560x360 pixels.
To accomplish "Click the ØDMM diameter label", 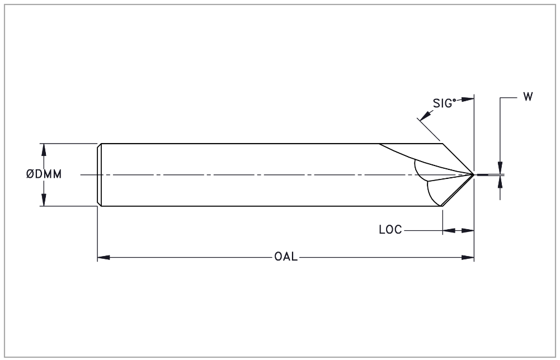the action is pos(44,174).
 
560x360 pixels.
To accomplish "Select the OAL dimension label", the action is pos(286,257).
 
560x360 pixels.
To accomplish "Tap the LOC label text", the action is pos(390,230).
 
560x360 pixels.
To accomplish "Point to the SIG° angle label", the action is pos(445,103).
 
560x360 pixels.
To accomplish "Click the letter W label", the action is pos(528,97).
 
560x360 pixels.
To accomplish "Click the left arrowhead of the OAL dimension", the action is pos(103,257).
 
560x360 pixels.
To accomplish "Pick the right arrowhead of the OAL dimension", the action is pos(468,257).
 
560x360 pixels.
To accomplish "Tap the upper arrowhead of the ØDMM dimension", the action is pos(44,150).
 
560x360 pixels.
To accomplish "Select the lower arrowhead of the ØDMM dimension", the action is pos(44,200).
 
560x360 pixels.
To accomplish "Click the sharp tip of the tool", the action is pos(474,174).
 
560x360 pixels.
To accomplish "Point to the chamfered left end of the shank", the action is pos(99,175).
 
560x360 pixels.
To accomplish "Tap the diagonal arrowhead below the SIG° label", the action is pos(425,115).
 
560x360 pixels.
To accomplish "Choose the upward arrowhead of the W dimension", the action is pos(500,182).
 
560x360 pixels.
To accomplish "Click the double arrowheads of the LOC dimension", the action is pos(458,231).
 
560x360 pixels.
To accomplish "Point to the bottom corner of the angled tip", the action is pos(442,206).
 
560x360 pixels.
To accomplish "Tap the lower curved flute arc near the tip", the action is pos(430,193).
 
